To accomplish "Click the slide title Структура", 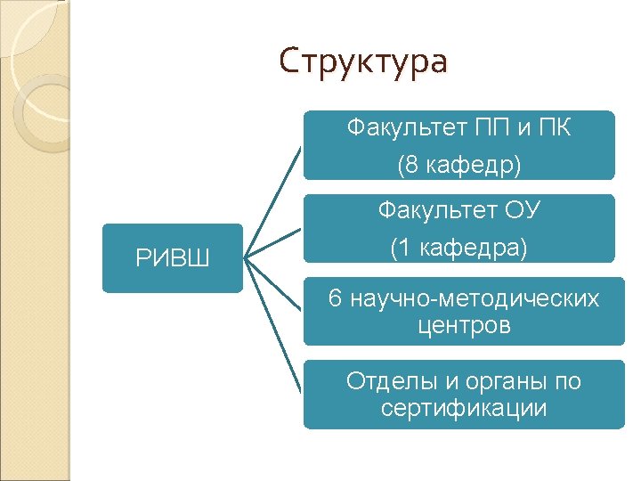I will pos(362,62).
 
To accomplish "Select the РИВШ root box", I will pos(172,258).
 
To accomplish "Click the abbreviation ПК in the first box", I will pos(552,128).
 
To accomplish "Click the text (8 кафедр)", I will pos(459,165).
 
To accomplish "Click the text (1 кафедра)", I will pos(459,249).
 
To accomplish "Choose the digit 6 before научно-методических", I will pos(335,298).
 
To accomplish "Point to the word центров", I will pos(464,326).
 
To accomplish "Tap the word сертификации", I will pos(463,409).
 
